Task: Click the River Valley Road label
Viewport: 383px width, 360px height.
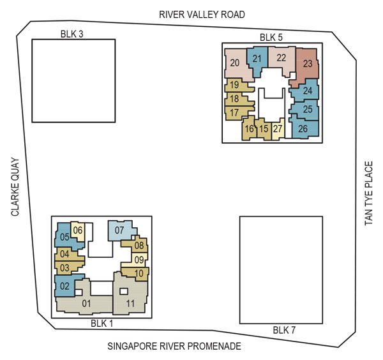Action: pyautogui.click(x=193, y=14)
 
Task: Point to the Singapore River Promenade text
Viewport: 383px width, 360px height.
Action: pyautogui.click(x=174, y=347)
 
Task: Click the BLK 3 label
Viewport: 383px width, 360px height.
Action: pyautogui.click(x=71, y=34)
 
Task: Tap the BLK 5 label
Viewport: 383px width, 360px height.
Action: pyautogui.click(x=271, y=37)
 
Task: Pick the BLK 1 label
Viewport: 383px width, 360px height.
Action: pyautogui.click(x=101, y=324)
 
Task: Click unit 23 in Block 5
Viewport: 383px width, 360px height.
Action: pyautogui.click(x=307, y=64)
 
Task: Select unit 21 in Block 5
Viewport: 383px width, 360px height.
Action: pyautogui.click(x=257, y=59)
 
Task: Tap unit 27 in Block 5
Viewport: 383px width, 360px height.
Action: pyautogui.click(x=278, y=128)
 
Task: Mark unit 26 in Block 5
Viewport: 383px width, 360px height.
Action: pyautogui.click(x=303, y=128)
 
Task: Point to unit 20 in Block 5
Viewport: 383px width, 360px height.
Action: pyautogui.click(x=235, y=63)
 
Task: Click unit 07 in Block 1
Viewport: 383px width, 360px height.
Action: pyautogui.click(x=119, y=230)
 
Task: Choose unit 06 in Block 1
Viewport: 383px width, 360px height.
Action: pyautogui.click(x=79, y=230)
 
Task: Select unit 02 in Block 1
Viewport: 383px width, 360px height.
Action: pyautogui.click(x=64, y=287)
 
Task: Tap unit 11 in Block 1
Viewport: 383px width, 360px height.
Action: pyautogui.click(x=130, y=303)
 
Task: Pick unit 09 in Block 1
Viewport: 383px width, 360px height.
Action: pyautogui.click(x=139, y=259)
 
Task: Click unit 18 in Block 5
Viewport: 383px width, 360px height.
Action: pyautogui.click(x=234, y=99)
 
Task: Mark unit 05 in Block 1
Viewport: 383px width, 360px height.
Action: pyautogui.click(x=64, y=237)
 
